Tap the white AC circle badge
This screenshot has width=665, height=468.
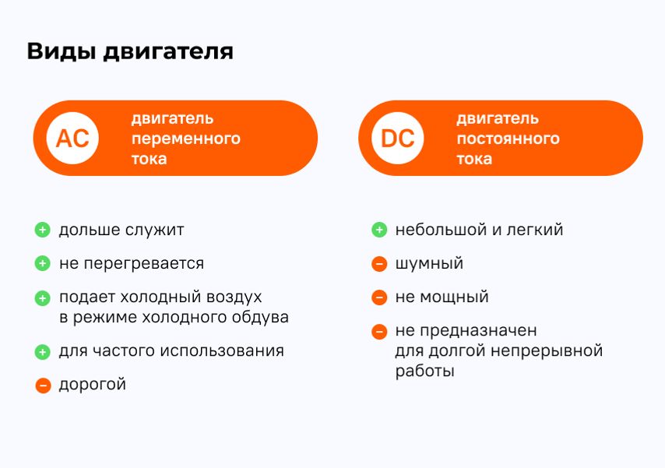[72, 138]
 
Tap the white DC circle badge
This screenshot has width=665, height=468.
[397, 138]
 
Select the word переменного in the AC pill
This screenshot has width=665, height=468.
[186, 139]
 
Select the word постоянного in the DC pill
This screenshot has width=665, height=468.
[508, 139]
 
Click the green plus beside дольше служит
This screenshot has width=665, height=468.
[42, 230]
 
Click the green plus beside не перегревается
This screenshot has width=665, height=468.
[42, 263]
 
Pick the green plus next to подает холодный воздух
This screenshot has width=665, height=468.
[42, 298]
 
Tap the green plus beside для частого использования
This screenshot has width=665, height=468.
[42, 352]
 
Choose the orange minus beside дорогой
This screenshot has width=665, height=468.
[43, 385]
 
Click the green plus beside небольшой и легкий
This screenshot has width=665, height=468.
[379, 230]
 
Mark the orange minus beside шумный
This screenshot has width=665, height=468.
[379, 264]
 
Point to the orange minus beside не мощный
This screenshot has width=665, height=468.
[379, 297]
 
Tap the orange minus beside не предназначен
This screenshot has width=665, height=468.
[379, 332]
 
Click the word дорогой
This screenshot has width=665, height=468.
[93, 385]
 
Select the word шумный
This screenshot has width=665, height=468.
[429, 264]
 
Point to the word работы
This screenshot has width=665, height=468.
[425, 371]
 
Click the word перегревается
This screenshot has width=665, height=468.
[144, 264]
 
